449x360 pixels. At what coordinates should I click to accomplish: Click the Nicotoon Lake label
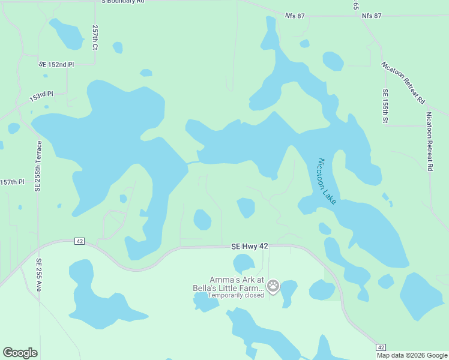[327, 182]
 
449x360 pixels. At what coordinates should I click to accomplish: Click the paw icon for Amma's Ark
[274, 286]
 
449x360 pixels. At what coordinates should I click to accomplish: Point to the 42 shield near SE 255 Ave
[80, 241]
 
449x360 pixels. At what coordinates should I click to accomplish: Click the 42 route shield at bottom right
[381, 347]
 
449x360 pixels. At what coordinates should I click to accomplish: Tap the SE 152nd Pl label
[56, 64]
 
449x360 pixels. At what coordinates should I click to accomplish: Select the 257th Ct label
[95, 37]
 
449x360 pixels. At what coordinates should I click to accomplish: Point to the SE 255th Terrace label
[39, 166]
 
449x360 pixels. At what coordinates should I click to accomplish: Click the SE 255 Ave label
[38, 275]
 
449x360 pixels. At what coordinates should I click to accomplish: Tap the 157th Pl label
[12, 182]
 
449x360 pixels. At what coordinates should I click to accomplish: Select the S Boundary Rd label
[122, 2]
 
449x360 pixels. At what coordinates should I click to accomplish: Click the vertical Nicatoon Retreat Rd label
[429, 142]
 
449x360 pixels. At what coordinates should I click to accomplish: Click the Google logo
[20, 353]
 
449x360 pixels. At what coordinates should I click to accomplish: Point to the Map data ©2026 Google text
[411, 355]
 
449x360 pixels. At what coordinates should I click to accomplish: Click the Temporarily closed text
[236, 295]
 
